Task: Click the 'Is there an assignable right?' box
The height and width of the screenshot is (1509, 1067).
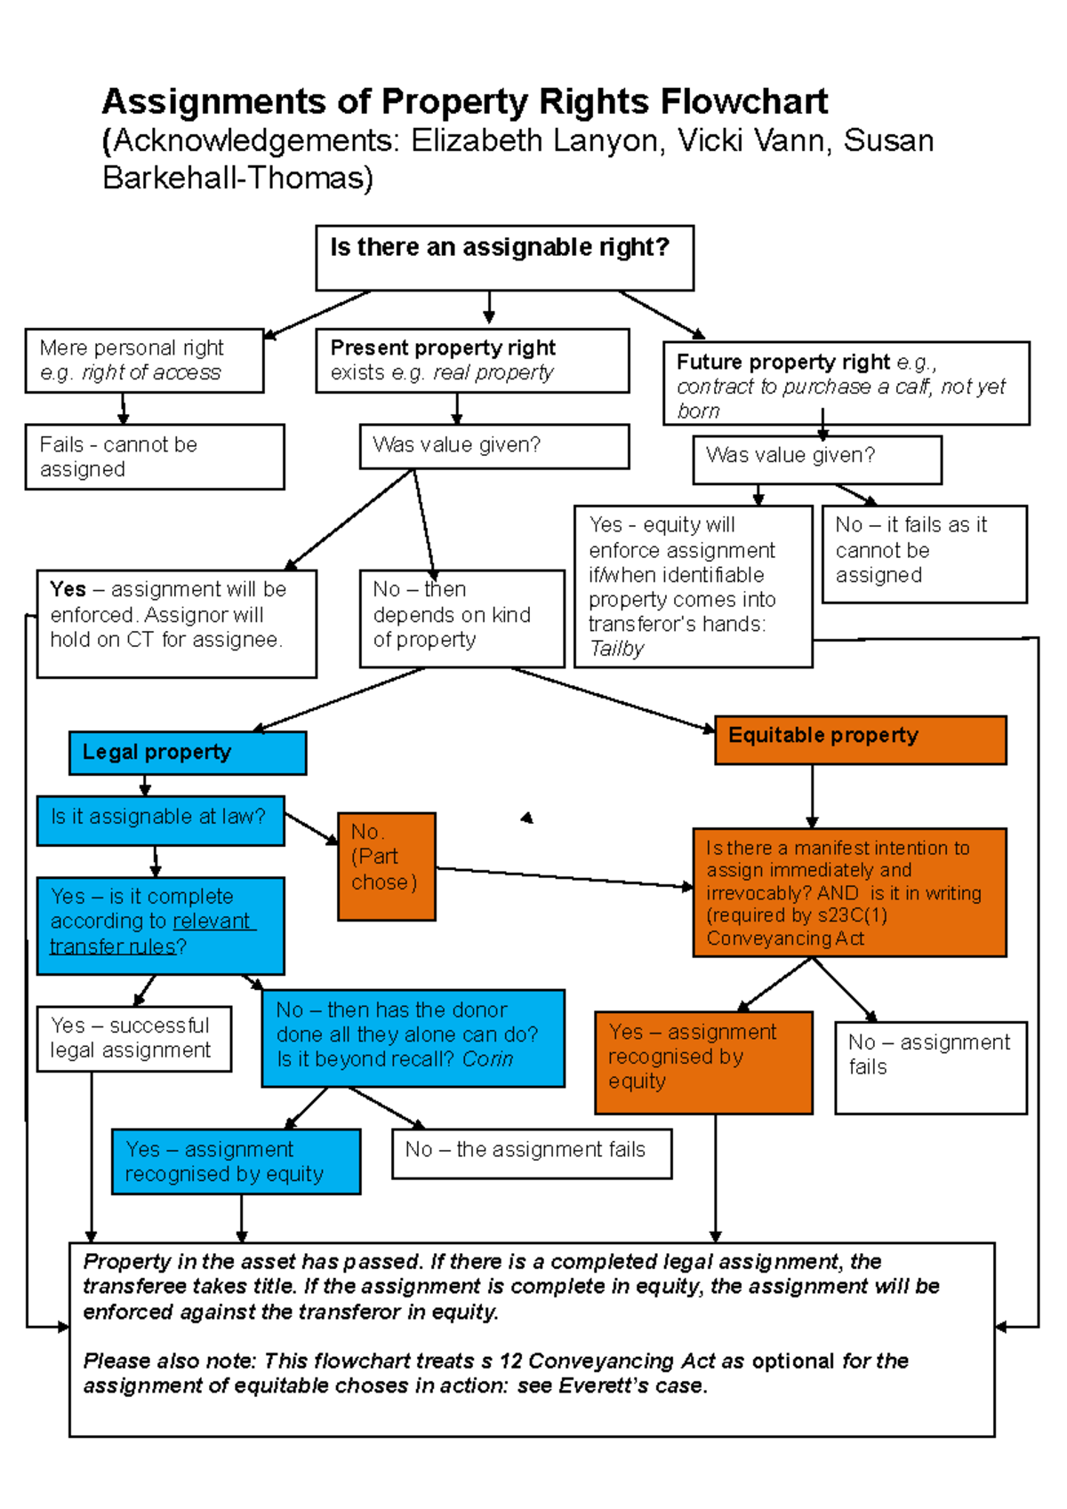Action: (504, 258)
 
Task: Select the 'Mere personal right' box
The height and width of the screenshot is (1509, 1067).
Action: (144, 361)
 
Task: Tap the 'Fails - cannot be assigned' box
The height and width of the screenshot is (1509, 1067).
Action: (154, 457)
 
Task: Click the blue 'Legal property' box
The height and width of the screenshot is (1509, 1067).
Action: (188, 753)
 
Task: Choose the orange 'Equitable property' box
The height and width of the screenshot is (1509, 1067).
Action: (860, 739)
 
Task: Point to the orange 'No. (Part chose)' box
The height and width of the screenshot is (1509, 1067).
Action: (387, 866)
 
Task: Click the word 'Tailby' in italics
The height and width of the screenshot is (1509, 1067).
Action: (616, 649)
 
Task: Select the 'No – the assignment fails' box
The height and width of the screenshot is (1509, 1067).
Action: (532, 1153)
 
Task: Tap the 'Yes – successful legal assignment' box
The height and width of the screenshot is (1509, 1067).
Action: (134, 1038)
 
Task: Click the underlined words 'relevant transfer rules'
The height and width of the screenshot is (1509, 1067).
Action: (151, 934)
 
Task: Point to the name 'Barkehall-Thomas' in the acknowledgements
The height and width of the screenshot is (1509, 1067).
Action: (237, 178)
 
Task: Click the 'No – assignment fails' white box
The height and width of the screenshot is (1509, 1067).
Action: (930, 1066)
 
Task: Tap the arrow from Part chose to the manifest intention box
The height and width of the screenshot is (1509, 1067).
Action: (564, 877)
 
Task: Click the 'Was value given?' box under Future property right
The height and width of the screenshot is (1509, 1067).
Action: (816, 459)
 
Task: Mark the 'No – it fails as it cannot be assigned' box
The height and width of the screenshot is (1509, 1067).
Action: (924, 554)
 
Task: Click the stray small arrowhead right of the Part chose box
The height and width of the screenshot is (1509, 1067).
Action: (527, 818)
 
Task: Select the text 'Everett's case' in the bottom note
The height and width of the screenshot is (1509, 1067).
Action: (631, 1385)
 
